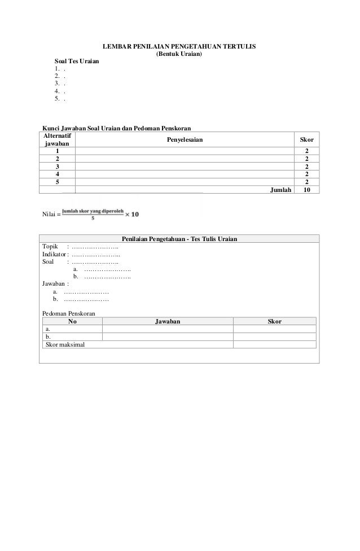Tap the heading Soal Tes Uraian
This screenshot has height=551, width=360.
click(76, 60)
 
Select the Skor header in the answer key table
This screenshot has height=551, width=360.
click(306, 139)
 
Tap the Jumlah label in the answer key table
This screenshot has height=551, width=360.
click(281, 190)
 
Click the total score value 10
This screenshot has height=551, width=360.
click(306, 190)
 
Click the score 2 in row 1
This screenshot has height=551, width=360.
click(306, 151)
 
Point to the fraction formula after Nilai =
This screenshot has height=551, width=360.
click(102, 213)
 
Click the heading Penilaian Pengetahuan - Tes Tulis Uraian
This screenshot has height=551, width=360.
click(179, 239)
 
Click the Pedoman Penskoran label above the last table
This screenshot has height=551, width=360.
click(69, 313)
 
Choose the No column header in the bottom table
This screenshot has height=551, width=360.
click(72, 321)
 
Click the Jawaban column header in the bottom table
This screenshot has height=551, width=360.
click(168, 321)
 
